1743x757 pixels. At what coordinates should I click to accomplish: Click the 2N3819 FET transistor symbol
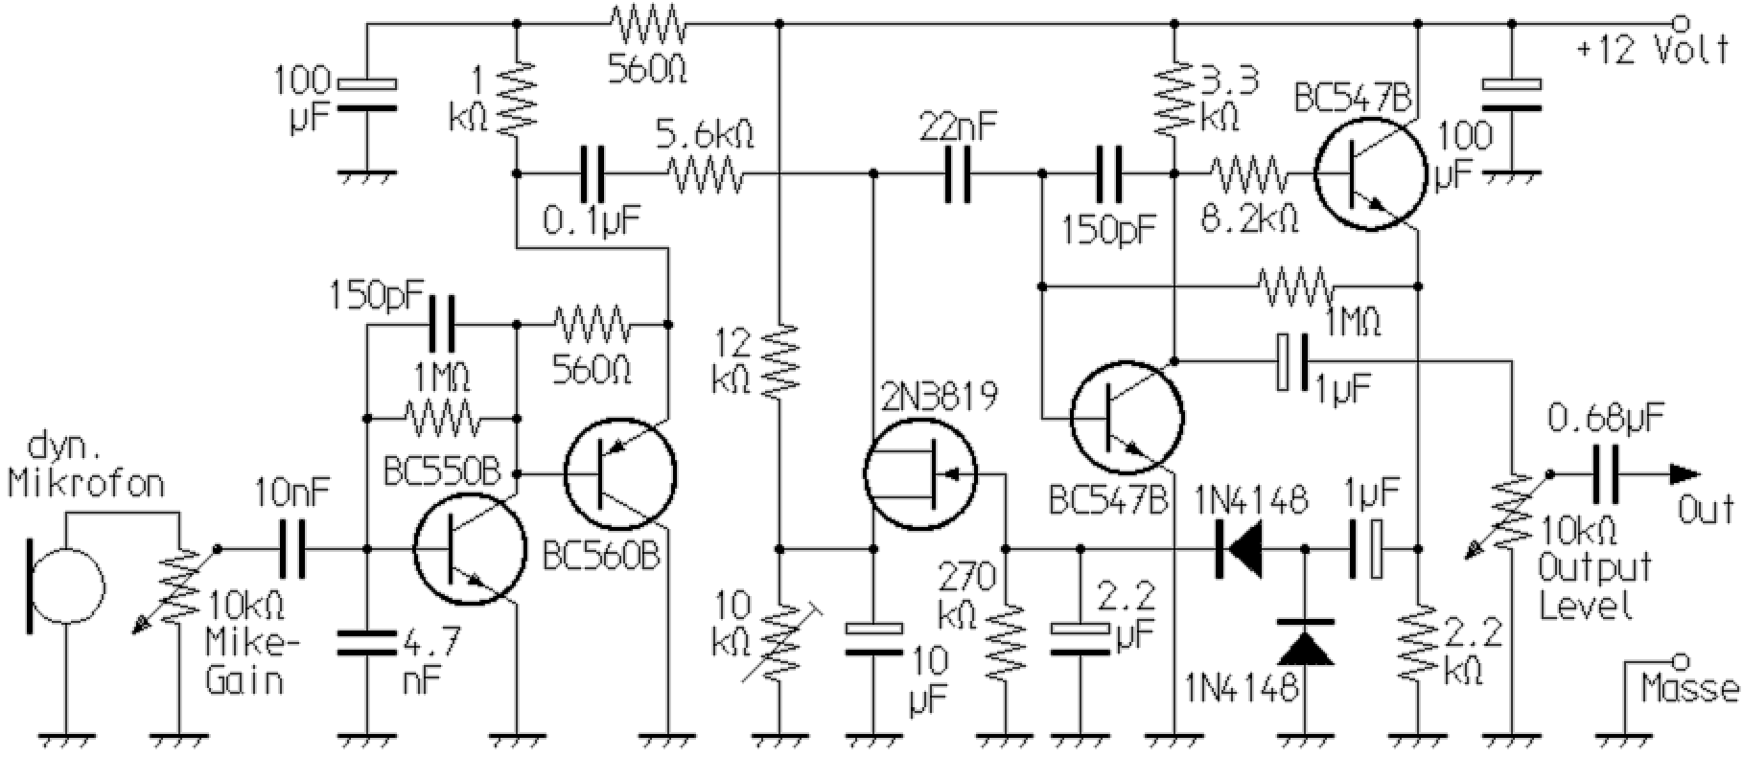pos(920,471)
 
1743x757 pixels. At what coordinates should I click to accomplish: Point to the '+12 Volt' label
pos(1653,50)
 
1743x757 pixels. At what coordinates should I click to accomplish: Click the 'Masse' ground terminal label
pos(1688,688)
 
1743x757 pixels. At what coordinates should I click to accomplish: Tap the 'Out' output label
pos(1707,510)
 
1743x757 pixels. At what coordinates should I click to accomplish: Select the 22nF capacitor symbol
pos(958,174)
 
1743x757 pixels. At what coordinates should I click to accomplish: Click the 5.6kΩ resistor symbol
pos(706,174)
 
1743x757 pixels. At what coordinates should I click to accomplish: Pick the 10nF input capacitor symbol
pos(292,549)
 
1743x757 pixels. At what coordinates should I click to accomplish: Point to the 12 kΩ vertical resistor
pos(780,360)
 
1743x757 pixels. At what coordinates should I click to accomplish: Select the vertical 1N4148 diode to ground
pos(1306,644)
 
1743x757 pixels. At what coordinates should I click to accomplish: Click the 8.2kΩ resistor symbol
pos(1246,174)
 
